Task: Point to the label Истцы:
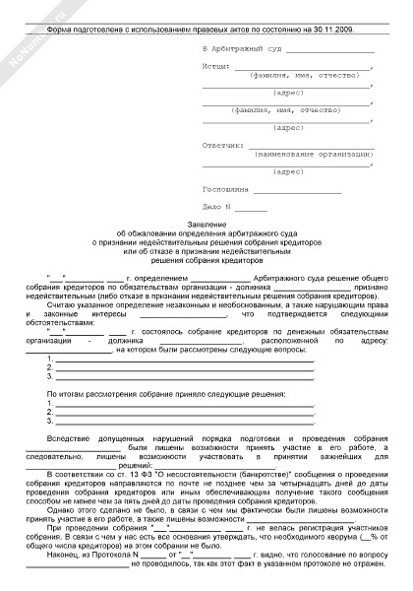[x=215, y=66]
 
